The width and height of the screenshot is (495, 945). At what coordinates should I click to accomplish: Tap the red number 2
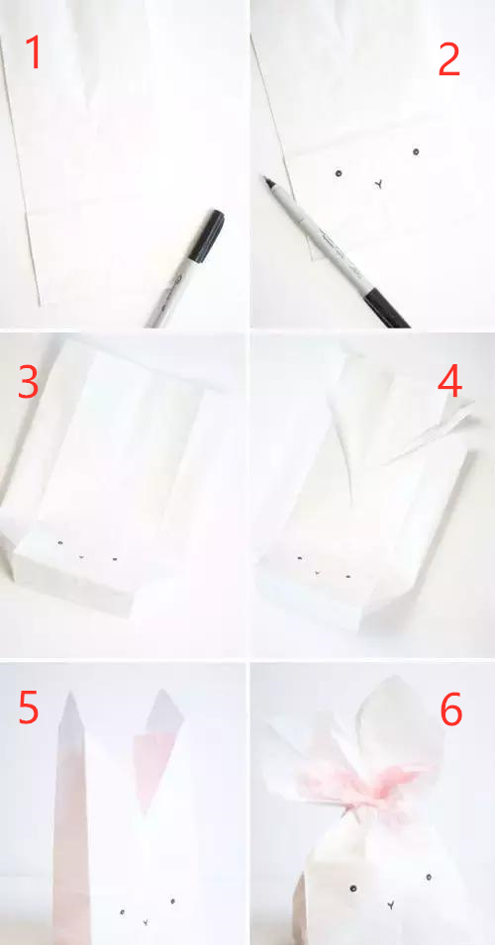tap(449, 59)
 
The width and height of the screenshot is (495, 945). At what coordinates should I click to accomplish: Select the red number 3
tap(29, 382)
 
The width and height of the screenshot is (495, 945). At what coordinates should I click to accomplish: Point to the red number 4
tap(449, 382)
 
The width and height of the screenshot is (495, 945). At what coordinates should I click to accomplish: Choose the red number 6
tap(451, 709)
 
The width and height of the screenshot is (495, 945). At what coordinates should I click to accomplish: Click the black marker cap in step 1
tap(207, 236)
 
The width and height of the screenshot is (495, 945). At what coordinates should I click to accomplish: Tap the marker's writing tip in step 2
tap(263, 178)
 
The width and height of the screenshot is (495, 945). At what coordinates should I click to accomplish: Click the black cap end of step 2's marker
tap(386, 309)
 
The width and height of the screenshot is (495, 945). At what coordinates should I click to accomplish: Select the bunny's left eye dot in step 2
tap(339, 173)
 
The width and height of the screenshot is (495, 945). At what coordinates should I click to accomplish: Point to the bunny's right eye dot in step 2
tap(416, 151)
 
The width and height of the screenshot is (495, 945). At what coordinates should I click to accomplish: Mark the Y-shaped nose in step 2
tap(378, 184)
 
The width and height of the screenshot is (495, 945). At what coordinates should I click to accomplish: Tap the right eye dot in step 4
tap(347, 577)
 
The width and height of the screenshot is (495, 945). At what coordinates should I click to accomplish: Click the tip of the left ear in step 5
tap(70, 692)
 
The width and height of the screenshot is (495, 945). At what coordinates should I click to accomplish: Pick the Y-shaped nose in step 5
tap(145, 922)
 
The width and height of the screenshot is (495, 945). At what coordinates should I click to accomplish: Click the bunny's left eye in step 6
tap(352, 888)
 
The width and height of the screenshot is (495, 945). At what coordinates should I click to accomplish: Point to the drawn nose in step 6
tap(391, 904)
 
